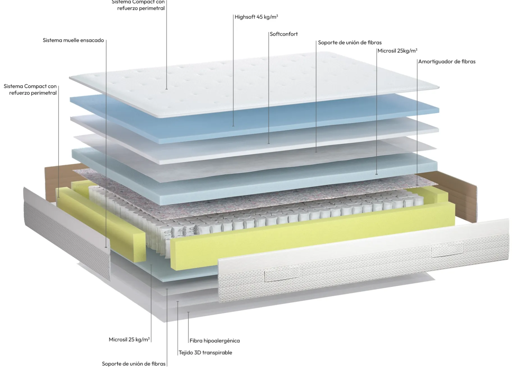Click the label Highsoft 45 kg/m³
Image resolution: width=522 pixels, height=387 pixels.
click(x=256, y=17)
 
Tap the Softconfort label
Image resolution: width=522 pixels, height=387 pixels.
click(x=284, y=34)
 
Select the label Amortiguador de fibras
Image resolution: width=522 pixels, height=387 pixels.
click(x=447, y=61)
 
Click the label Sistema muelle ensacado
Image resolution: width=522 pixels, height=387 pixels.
click(x=73, y=40)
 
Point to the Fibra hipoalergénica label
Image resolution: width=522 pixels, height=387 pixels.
click(x=215, y=341)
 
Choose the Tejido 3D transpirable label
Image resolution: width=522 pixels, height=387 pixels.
click(x=205, y=353)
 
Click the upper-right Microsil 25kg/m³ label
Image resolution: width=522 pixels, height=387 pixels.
click(x=397, y=51)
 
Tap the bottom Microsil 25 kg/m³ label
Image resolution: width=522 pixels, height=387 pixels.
click(x=129, y=339)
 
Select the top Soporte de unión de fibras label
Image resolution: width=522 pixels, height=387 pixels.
click(x=350, y=42)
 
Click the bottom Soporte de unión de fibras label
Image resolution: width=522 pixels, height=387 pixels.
click(x=134, y=364)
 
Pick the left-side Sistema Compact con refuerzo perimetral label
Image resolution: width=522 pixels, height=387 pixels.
click(x=30, y=89)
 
